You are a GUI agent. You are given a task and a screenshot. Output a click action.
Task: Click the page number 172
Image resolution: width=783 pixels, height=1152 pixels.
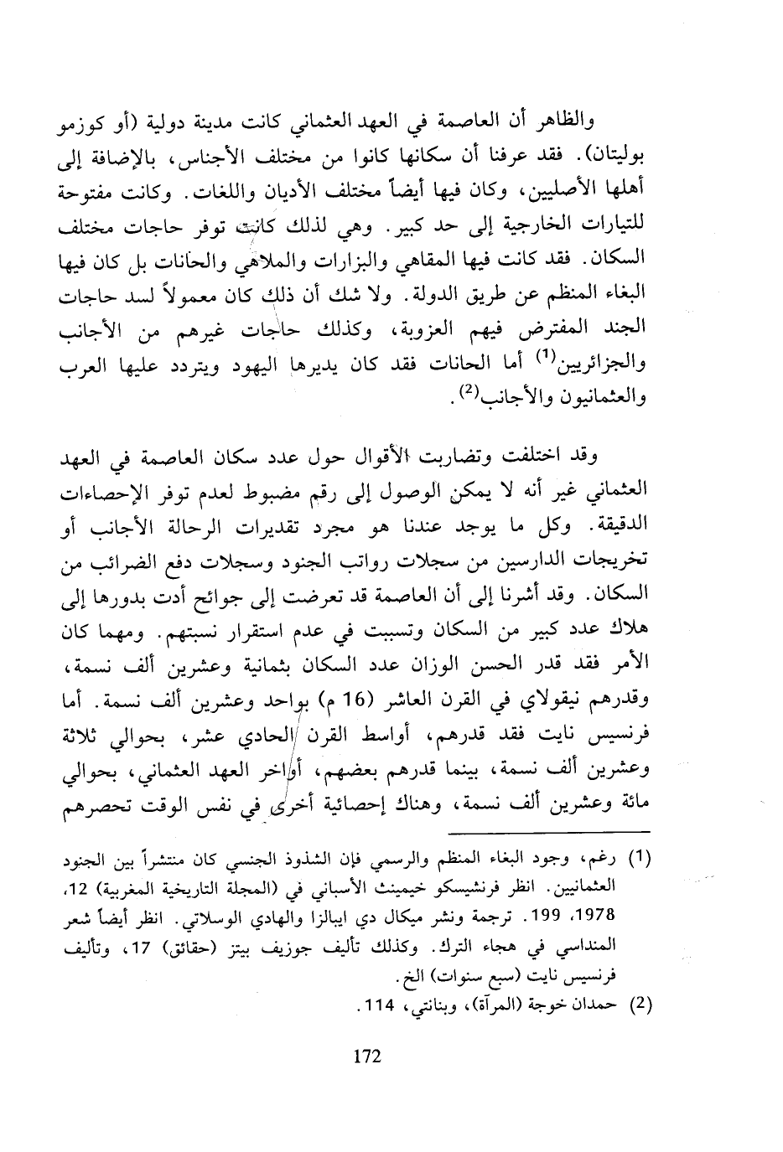click(367, 1056)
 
